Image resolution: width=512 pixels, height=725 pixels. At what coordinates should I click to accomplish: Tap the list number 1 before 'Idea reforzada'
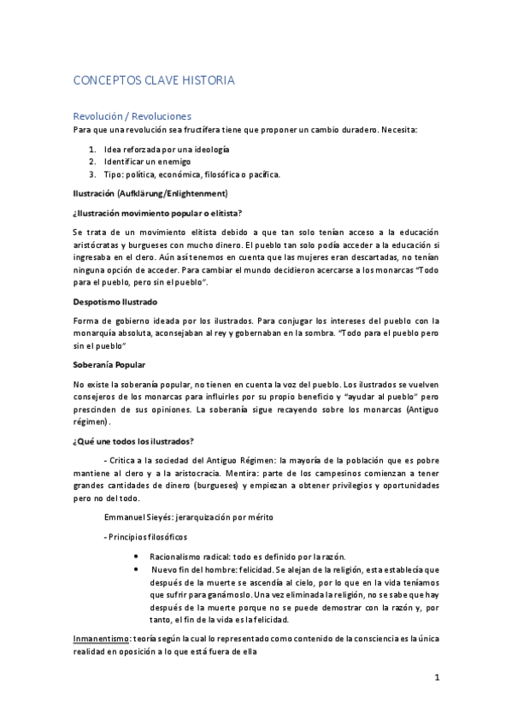pos(93,149)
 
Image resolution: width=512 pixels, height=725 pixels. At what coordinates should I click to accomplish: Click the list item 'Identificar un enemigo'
pos(147,161)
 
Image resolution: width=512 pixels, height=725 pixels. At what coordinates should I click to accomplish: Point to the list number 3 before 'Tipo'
pos(93,174)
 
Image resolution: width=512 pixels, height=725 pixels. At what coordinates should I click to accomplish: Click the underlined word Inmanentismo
pos(101,639)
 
